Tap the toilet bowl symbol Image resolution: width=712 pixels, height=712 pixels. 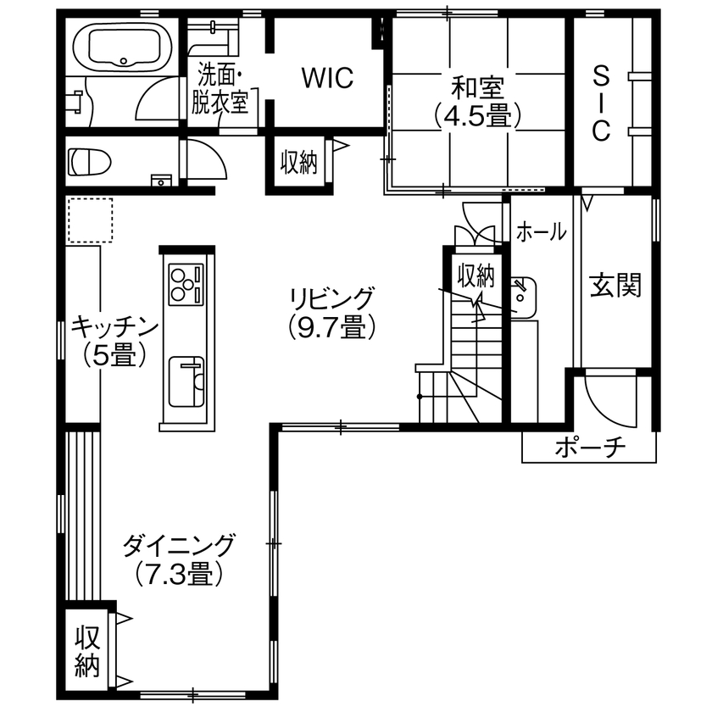91,160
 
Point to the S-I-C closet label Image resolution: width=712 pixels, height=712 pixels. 601,103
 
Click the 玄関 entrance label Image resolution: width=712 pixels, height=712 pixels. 616,286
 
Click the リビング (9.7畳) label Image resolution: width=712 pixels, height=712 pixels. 331,311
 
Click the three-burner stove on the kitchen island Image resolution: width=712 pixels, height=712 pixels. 186,284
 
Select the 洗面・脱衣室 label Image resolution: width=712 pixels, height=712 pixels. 223,87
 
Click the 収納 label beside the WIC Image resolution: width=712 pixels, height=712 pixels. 299,162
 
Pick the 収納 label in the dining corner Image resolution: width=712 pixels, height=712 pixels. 87,651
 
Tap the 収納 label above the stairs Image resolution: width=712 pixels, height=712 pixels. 476,275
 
